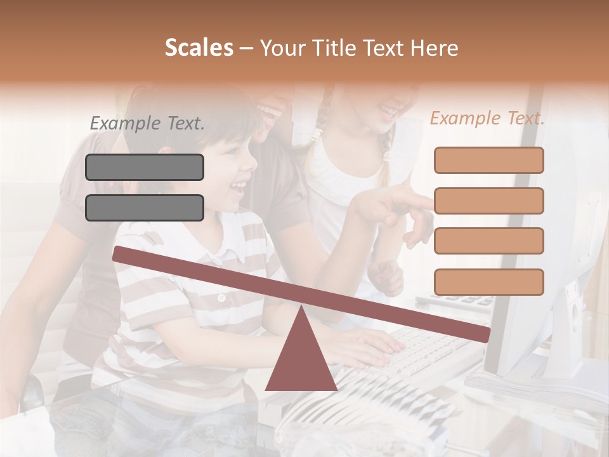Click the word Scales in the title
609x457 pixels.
[x=199, y=48]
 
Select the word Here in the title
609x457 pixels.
[x=434, y=48]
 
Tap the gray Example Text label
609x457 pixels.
[x=147, y=123]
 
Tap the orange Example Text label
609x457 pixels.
[x=487, y=118]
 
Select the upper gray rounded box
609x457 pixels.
[x=145, y=167]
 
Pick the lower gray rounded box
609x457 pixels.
[x=145, y=208]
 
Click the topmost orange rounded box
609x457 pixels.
[x=488, y=160]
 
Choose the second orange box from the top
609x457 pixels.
[x=488, y=201]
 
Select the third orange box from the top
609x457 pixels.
[x=488, y=241]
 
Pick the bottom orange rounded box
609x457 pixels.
[x=488, y=282]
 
